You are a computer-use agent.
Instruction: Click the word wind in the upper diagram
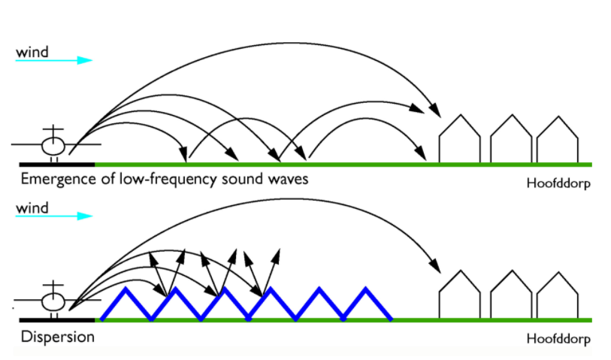coord(32,52)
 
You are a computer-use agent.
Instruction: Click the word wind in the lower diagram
coord(32,207)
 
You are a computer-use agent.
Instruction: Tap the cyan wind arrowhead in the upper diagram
coord(85,60)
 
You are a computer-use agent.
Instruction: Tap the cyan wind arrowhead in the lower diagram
coord(85,216)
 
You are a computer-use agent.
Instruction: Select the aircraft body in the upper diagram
coord(53,146)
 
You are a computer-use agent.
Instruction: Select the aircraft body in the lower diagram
coord(53,302)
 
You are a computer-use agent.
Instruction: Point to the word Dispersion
coord(58,337)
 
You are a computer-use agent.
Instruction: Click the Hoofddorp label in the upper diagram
coord(558,183)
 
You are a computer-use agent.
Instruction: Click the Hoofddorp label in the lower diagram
coord(558,338)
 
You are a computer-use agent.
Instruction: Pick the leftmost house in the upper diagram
coord(460,139)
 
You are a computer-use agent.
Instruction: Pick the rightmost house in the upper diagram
coord(558,140)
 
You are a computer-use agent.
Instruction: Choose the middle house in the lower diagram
coord(511,295)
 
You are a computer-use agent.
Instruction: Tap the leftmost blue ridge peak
coord(126,289)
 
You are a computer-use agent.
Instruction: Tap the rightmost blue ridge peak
coord(365,289)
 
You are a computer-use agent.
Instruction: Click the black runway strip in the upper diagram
coord(57,165)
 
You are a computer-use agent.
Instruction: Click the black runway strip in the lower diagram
coord(57,320)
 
